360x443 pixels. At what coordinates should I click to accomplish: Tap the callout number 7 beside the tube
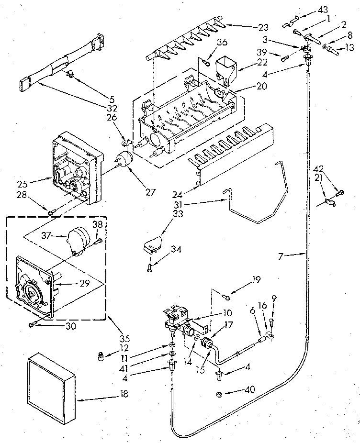(281, 257)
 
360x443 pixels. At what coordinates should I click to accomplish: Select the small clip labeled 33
(151, 244)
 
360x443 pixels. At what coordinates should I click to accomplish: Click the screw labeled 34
(150, 262)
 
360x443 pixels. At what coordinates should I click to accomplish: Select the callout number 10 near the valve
(226, 313)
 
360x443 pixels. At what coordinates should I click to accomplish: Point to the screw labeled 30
(32, 325)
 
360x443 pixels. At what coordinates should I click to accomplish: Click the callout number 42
(319, 168)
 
